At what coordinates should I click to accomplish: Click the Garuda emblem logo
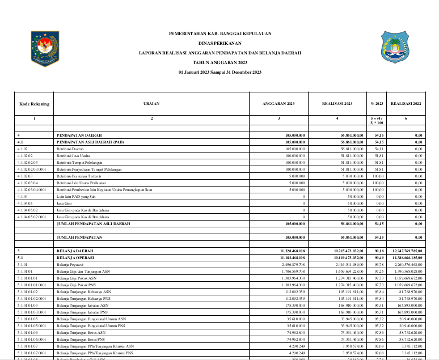(x=45, y=49)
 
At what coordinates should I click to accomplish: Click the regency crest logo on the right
(x=394, y=48)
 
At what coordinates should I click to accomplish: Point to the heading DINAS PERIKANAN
(x=220, y=43)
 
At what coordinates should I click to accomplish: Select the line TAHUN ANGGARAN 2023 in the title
(x=220, y=62)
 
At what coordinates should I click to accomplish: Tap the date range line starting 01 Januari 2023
(x=220, y=72)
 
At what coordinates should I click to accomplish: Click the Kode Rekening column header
(x=34, y=104)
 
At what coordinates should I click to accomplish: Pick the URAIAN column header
(x=151, y=104)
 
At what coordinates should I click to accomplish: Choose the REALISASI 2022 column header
(x=406, y=104)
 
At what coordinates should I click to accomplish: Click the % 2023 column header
(x=377, y=104)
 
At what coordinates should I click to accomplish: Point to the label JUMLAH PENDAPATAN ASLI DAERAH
(x=93, y=223)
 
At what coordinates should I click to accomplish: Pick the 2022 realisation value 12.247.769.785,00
(x=405, y=250)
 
